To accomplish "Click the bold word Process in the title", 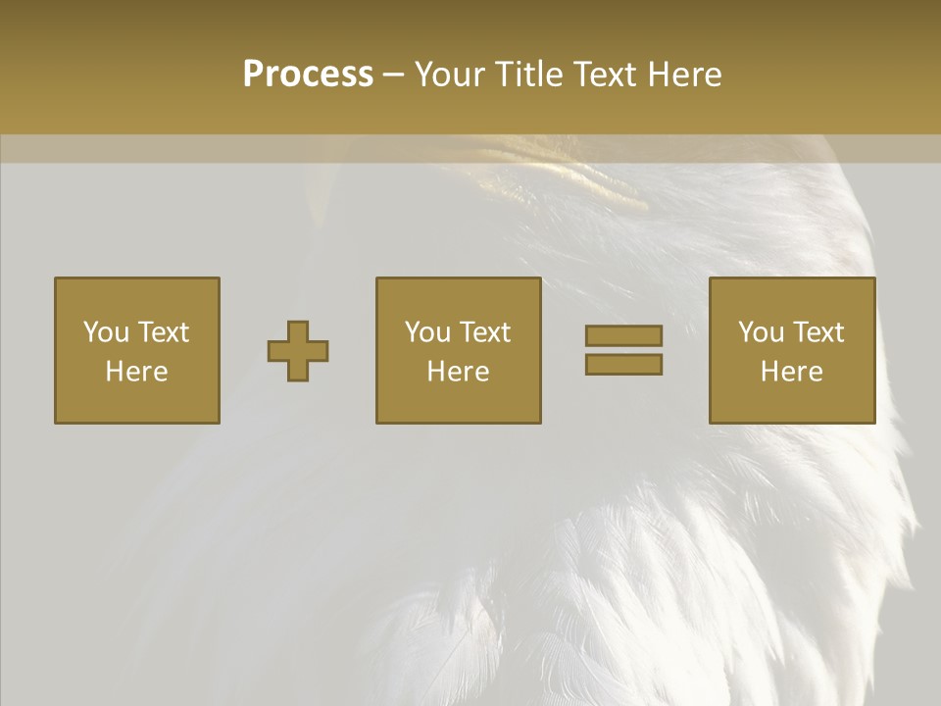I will tap(308, 75).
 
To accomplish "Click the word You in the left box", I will tap(106, 332).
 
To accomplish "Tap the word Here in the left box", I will tap(136, 372).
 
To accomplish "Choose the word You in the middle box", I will tap(427, 332).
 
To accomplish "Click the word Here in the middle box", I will tap(458, 372).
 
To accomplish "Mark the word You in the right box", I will tap(761, 332).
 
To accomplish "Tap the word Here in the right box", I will tap(791, 372).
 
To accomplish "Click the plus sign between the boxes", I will tap(298, 351).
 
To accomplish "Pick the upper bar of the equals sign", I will tap(623, 335).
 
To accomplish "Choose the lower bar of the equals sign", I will tap(623, 364).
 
